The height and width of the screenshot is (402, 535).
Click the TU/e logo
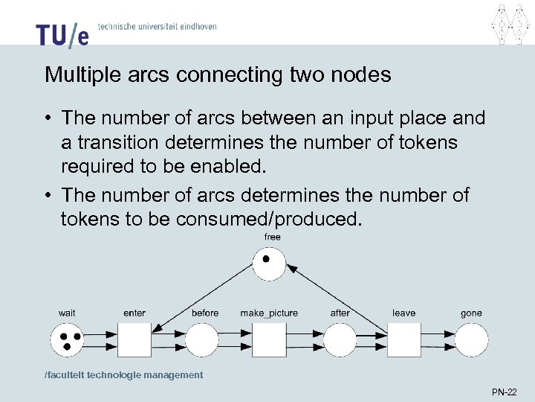[62, 33]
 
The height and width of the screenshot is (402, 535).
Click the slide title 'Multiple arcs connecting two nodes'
[218, 75]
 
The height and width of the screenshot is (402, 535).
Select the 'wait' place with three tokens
[68, 341]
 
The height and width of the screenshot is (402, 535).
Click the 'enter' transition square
[134, 341]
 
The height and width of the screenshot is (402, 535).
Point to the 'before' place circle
[202, 341]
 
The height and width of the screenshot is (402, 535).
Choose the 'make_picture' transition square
[269, 341]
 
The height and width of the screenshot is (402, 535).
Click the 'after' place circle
[340, 341]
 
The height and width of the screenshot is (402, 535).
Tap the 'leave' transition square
[404, 341]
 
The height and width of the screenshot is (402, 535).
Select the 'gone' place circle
[472, 341]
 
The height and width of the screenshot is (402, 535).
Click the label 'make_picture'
[269, 313]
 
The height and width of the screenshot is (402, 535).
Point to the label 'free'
[273, 237]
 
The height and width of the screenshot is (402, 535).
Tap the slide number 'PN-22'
[505, 391]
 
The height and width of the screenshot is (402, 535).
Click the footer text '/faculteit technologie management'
[123, 375]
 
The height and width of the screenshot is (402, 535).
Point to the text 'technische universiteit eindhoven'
[158, 27]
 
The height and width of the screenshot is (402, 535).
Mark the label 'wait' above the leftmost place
[67, 313]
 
